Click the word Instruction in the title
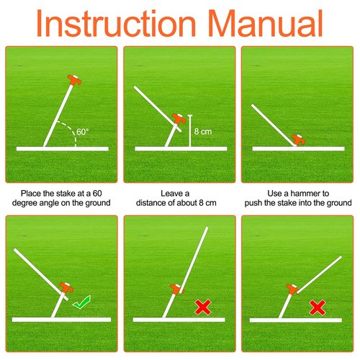pos(116,23)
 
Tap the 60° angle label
pos(83,132)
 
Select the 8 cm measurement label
pos(203,132)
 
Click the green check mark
pos(81,302)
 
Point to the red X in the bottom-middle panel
pos(203,307)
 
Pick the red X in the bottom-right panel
pos(318,307)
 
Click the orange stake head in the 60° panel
pos(74,80)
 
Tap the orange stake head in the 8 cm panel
pos(179,119)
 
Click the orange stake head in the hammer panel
pos(298,140)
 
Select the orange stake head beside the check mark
pos(66,287)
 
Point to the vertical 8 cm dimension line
pos(190,131)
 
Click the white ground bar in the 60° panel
pos(63,149)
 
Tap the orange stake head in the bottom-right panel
pos(292,289)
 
